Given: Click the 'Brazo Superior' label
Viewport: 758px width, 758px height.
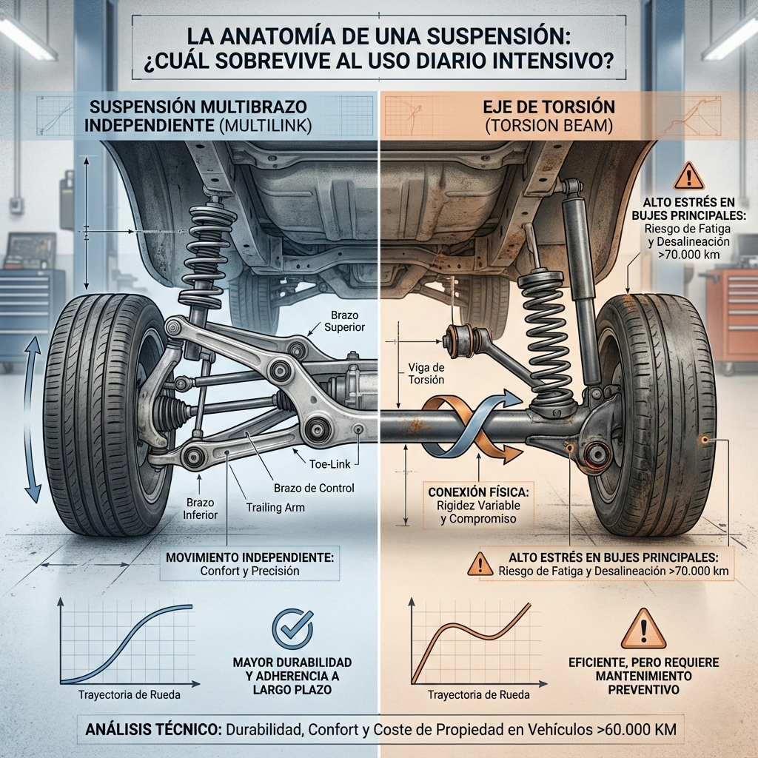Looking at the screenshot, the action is click(x=344, y=321).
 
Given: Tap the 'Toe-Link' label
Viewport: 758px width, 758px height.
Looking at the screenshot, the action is click(x=329, y=464).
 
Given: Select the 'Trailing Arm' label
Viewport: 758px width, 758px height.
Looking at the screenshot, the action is click(x=275, y=507).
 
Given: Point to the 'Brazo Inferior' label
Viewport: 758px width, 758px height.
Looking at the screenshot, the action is click(x=200, y=509).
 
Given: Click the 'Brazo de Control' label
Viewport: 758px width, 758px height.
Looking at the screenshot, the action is click(x=314, y=488).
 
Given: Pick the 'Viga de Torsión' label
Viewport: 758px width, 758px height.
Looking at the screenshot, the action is click(x=426, y=373).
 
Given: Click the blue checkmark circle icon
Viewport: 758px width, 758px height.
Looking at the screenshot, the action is click(x=292, y=629).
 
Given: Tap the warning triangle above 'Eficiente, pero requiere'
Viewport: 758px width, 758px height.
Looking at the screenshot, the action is click(x=643, y=629).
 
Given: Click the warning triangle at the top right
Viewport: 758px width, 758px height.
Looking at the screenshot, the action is click(x=689, y=176).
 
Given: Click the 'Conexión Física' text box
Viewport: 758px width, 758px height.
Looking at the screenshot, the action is click(x=478, y=505).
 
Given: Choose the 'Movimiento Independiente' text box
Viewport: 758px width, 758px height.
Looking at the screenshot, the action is click(x=249, y=563).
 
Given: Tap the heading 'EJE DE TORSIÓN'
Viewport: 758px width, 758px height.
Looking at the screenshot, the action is click(x=549, y=107).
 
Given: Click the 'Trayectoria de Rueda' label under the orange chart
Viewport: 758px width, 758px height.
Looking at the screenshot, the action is click(x=479, y=694).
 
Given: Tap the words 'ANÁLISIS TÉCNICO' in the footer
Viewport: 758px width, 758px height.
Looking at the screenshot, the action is click(x=154, y=729).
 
